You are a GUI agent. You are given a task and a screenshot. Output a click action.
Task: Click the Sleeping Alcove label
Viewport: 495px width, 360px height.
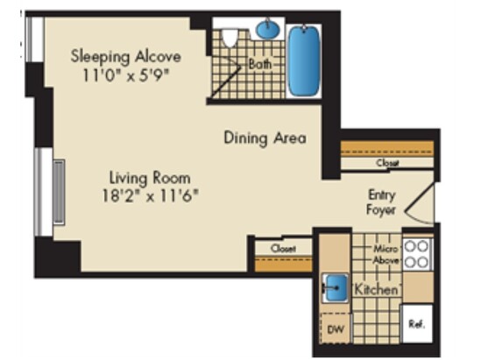[x=125, y=57]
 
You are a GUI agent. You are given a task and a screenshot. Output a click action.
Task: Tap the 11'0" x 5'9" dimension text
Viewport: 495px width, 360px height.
[x=125, y=75]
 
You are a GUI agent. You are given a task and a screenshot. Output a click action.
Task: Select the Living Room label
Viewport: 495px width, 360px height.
[x=150, y=179]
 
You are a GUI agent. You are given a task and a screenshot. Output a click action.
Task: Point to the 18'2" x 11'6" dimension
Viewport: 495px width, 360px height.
[x=150, y=195]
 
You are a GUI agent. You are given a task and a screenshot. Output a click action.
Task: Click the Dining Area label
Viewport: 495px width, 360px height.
[x=265, y=138]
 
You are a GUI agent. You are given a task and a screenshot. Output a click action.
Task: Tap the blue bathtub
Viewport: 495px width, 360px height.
[x=304, y=60]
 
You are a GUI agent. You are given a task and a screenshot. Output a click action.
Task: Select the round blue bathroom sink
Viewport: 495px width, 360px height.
[x=268, y=29]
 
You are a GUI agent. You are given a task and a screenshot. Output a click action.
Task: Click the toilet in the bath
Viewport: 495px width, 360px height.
[x=230, y=38]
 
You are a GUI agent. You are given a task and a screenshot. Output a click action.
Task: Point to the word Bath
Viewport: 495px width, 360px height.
[x=260, y=64]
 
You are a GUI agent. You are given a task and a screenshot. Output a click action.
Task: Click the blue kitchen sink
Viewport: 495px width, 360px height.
[x=336, y=287]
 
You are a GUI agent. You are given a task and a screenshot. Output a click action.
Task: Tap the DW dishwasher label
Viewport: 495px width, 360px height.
[x=336, y=329]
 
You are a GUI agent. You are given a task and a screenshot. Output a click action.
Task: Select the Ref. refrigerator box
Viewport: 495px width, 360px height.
[x=417, y=324]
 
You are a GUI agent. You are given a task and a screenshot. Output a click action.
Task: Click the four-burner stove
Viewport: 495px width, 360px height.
[x=417, y=254]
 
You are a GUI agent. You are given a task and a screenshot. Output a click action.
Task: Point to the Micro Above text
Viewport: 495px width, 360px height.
[x=385, y=255]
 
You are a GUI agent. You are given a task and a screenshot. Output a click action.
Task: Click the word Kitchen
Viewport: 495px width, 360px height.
[x=377, y=289]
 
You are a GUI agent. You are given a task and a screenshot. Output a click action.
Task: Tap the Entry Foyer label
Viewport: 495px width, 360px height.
[x=381, y=202]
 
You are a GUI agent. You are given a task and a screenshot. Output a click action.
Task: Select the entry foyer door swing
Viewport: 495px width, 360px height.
[x=419, y=203]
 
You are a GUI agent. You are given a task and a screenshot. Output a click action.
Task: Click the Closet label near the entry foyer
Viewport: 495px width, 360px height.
[x=387, y=163]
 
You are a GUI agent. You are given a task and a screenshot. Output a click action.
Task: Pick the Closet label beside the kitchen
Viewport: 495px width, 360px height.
[x=283, y=249]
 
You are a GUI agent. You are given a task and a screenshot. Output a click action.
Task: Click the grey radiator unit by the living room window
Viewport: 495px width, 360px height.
[x=59, y=192]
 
